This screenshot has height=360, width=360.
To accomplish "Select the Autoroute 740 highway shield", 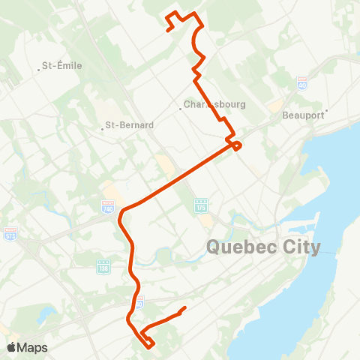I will [x=109, y=205].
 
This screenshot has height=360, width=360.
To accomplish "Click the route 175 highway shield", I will [x=200, y=205].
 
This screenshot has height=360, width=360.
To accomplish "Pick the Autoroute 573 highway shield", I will [x=10, y=232].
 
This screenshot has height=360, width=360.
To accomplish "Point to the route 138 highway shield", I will [x=103, y=265].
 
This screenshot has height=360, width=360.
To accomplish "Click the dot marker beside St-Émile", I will [x=39, y=70].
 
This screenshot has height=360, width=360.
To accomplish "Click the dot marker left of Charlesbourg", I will [x=181, y=109].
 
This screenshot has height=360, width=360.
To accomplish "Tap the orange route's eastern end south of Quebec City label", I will [x=184, y=307].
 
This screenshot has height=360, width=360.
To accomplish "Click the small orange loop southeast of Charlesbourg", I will [x=236, y=145].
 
